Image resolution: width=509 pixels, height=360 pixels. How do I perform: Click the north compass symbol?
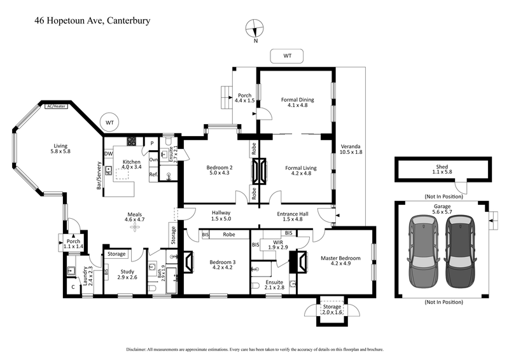click(255, 29)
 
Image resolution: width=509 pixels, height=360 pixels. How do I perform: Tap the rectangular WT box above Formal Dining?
click(286, 56)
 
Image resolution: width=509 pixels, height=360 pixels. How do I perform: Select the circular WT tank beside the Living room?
click(109, 121)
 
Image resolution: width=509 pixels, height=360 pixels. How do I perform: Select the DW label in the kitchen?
click(109, 154)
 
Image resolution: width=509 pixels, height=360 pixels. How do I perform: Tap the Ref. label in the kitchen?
click(153, 174)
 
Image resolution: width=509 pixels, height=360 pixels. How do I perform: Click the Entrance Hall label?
click(293, 214)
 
